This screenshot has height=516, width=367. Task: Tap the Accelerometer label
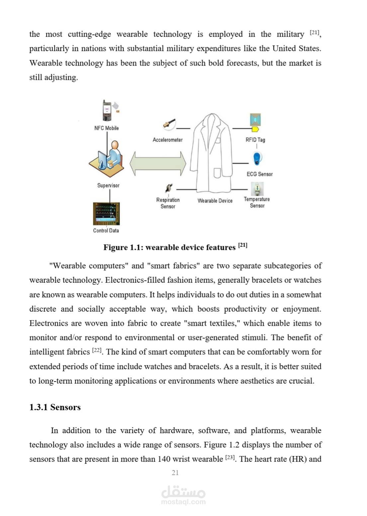[x=167, y=140]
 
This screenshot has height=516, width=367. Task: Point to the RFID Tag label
[x=255, y=140]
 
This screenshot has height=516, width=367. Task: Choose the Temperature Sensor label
[x=257, y=202]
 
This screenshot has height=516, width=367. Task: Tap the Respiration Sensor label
[x=168, y=203]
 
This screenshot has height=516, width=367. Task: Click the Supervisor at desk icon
[x=107, y=159]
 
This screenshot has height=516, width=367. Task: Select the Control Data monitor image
[x=106, y=214]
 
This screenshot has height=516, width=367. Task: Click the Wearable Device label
[x=215, y=201]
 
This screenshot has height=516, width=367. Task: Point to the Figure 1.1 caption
[x=175, y=247]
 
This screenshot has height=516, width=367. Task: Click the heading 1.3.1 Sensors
[x=55, y=407]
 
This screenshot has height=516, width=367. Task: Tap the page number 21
[x=175, y=472]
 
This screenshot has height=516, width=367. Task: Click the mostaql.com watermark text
[x=183, y=502]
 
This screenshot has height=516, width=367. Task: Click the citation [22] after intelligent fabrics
[x=97, y=350]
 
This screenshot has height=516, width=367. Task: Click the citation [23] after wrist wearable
[x=230, y=457]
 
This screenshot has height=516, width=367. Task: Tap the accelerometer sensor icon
[x=169, y=124]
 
